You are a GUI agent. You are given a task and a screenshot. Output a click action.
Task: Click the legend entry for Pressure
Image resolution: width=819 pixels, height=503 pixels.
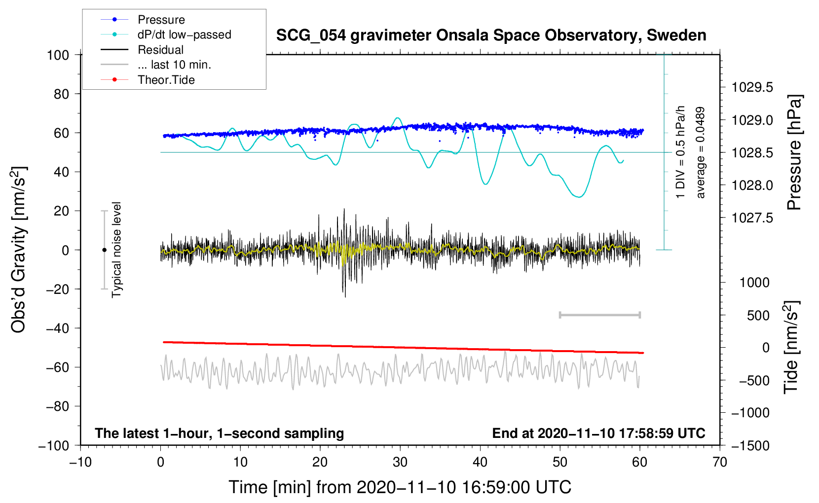tap(143, 19)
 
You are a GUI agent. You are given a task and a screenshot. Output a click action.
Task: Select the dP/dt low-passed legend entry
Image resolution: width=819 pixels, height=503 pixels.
tap(166, 35)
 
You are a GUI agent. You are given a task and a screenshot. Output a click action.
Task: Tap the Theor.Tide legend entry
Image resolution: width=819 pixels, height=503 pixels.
tap(148, 80)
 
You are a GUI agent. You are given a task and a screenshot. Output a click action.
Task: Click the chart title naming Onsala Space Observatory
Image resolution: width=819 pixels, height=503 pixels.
tap(491, 35)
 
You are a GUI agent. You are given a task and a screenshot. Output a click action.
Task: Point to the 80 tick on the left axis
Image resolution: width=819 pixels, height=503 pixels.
tap(61, 94)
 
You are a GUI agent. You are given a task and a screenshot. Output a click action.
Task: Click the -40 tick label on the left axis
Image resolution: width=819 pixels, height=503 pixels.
tap(57, 328)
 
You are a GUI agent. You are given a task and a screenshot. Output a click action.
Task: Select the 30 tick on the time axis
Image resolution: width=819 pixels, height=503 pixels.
tap(400, 462)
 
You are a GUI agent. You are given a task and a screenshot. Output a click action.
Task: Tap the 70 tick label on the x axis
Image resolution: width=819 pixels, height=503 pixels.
tap(719, 462)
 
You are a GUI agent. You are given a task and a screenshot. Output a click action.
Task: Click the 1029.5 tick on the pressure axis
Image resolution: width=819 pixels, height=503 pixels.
tap(752, 87)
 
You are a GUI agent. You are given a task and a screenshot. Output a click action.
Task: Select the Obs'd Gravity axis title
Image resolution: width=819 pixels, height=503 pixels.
tap(18, 250)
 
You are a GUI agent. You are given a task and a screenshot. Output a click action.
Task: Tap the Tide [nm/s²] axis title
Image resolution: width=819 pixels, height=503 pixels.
tap(791, 347)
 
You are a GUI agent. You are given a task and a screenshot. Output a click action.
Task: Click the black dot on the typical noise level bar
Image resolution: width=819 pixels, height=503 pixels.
tap(104, 250)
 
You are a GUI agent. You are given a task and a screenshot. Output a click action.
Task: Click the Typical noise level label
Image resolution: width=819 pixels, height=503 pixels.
tap(116, 250)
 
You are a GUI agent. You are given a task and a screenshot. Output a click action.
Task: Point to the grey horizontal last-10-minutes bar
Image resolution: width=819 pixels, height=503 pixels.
tap(599, 315)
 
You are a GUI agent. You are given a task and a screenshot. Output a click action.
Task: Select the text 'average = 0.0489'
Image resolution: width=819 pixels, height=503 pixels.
tap(700, 152)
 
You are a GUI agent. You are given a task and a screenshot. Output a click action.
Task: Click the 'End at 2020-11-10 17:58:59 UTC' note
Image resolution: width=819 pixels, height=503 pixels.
tap(598, 433)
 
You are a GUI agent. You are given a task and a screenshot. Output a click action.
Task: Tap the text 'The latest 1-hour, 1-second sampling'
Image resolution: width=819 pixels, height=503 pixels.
tap(220, 433)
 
